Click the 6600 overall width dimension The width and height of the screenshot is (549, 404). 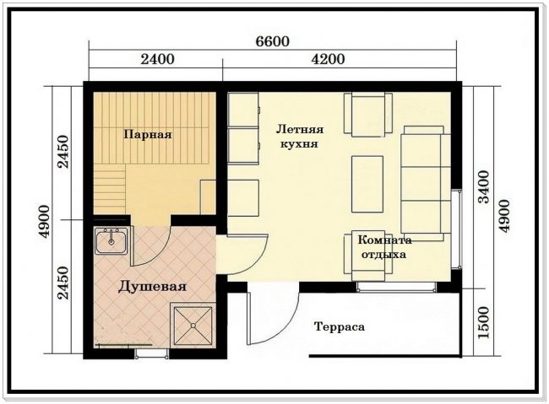pyautogui.click(x=273, y=41)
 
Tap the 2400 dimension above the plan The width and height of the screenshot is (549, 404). pyautogui.click(x=158, y=59)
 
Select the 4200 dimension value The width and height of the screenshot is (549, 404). pyautogui.click(x=328, y=59)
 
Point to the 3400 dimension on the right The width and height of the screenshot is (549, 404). pyautogui.click(x=484, y=186)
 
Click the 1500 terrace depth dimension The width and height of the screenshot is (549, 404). pyautogui.click(x=483, y=322)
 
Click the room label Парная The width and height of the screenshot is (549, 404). pyautogui.click(x=148, y=135)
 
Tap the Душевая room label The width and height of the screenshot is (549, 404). pyautogui.click(x=152, y=287)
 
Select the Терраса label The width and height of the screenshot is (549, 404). pyautogui.click(x=340, y=326)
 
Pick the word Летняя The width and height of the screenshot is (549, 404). pyautogui.click(x=300, y=129)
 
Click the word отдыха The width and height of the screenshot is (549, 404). pyautogui.click(x=383, y=255)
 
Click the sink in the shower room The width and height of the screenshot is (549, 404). pyautogui.click(x=111, y=241)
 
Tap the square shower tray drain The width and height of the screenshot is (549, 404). pyautogui.click(x=193, y=326)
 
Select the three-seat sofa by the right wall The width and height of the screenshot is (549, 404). pyautogui.click(x=426, y=183)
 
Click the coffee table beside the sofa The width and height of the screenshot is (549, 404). pyautogui.click(x=367, y=185)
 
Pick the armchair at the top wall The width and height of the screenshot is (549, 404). pyautogui.click(x=368, y=115)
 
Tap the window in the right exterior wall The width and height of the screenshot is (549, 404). pyautogui.click(x=456, y=229)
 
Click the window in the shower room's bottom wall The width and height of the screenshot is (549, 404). pyautogui.click(x=151, y=353)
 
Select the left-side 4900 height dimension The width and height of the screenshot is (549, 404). pyautogui.click(x=46, y=221)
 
